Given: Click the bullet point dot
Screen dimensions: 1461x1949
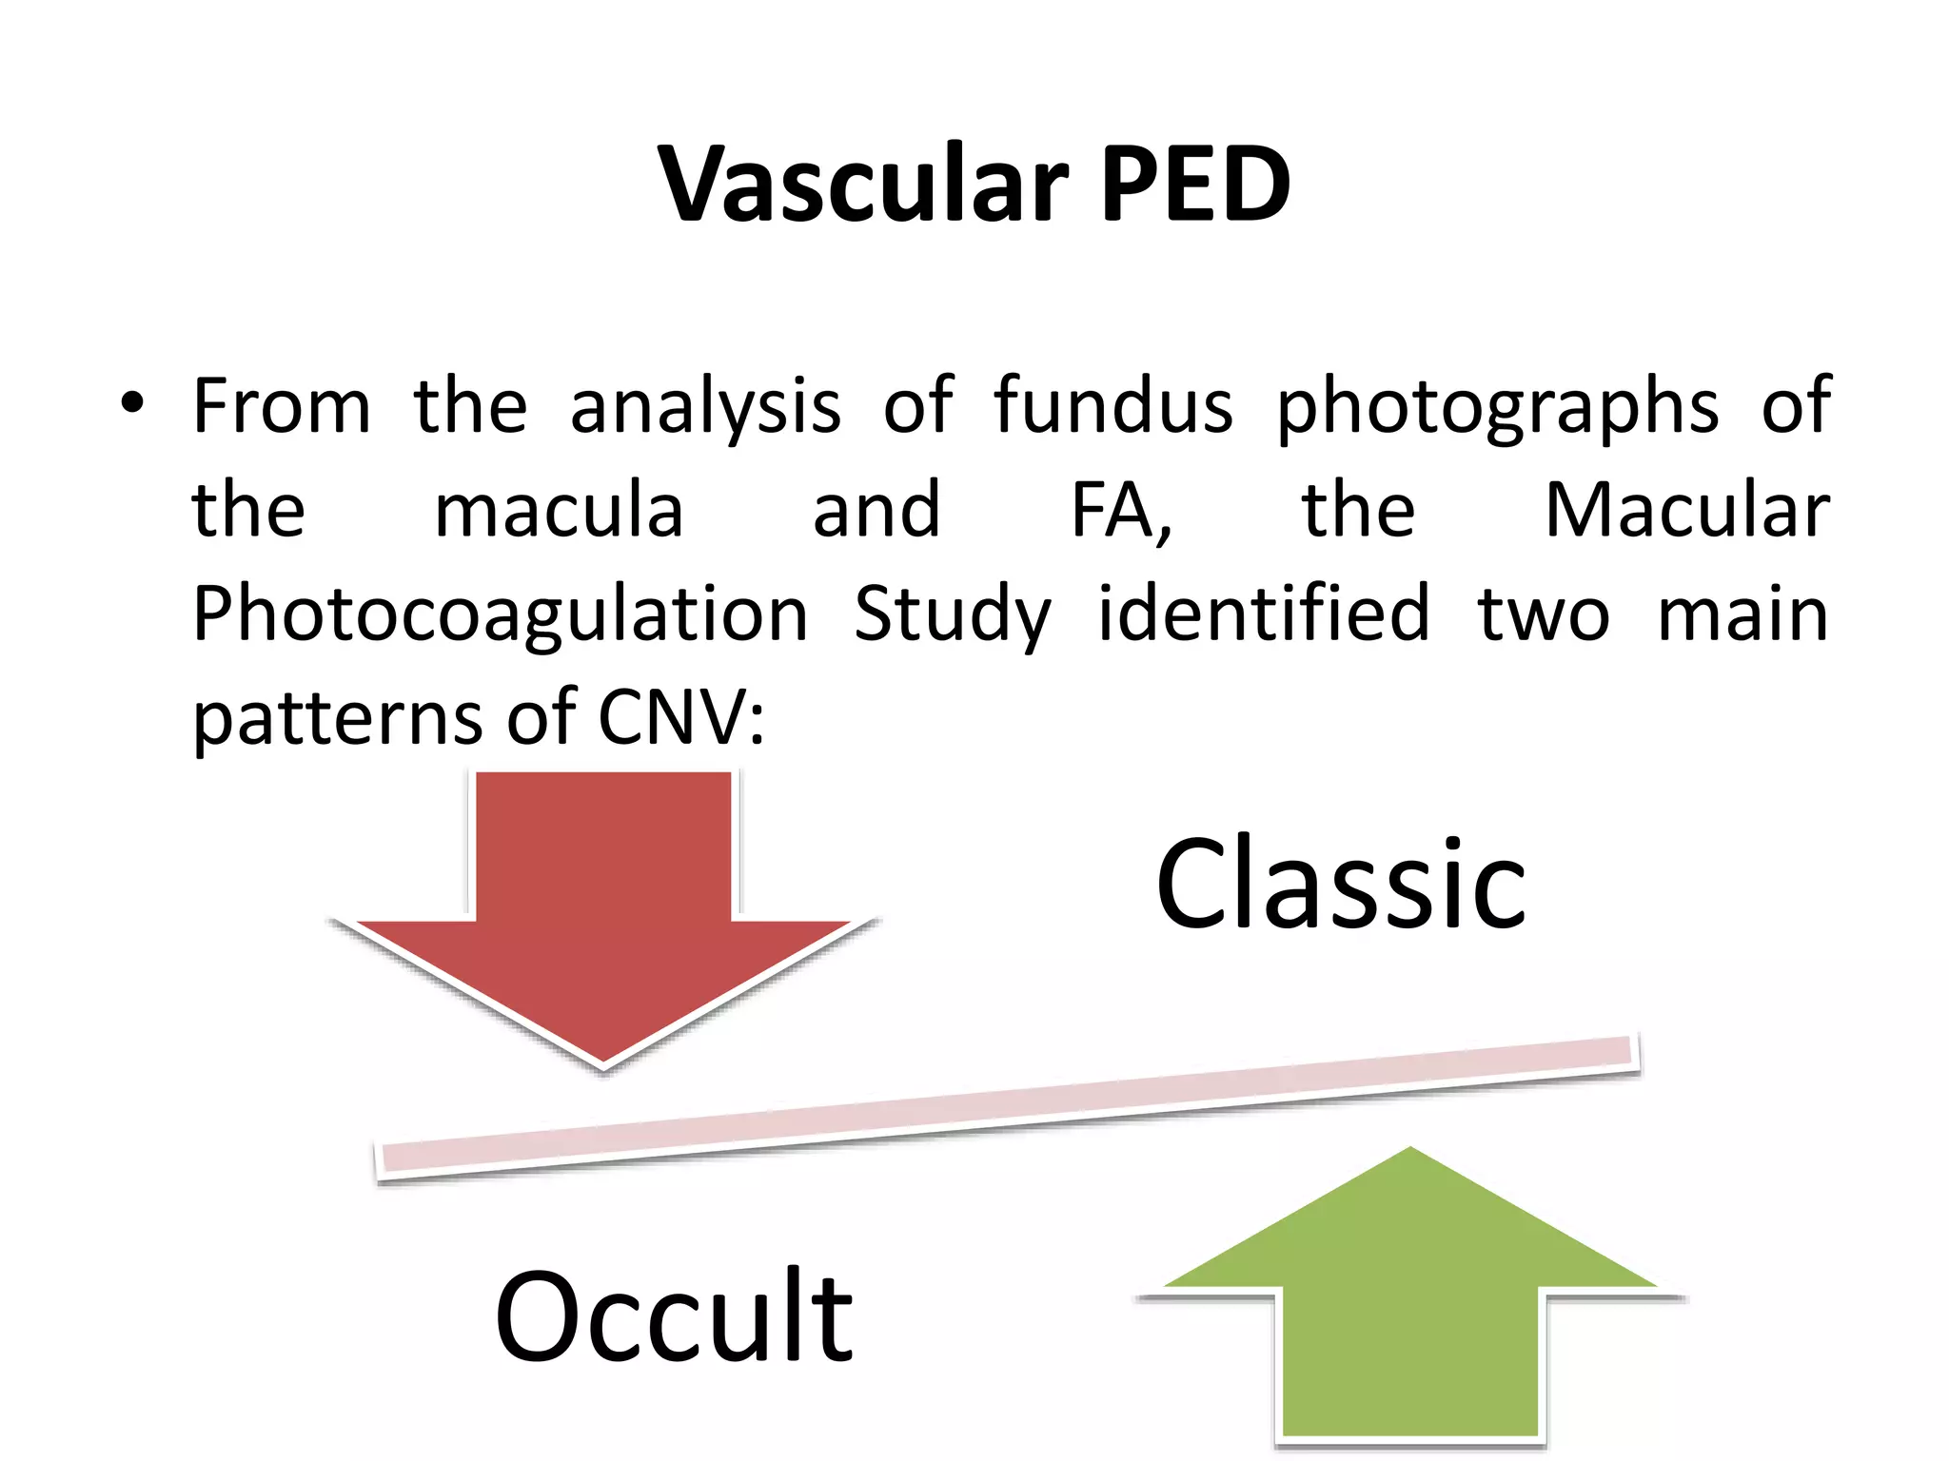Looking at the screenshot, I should [x=132, y=403].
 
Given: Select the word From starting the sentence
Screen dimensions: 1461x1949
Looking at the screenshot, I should [x=282, y=406].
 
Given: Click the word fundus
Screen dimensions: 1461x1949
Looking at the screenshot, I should [x=1113, y=406].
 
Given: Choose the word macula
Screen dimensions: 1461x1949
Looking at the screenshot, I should [x=559, y=511].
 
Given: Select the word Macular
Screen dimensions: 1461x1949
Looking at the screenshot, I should [x=1686, y=511].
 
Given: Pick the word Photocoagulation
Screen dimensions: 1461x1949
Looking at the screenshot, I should [x=501, y=616].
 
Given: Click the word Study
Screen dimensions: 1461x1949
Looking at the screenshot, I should [x=953, y=616].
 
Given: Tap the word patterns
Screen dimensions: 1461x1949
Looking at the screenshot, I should [x=337, y=718].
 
